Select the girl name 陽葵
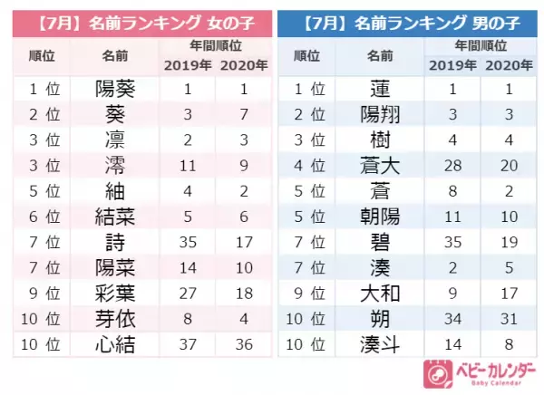[x=115, y=90]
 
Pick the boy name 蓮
[x=379, y=90]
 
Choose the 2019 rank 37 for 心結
[x=186, y=346]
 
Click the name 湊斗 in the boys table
[x=379, y=346]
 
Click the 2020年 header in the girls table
[x=243, y=65]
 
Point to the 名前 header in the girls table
[x=115, y=55]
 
